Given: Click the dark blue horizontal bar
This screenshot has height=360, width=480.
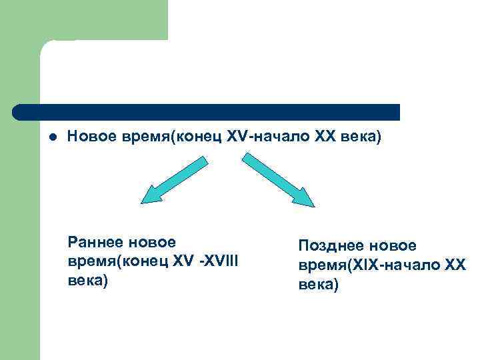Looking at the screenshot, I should tap(207, 112).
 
